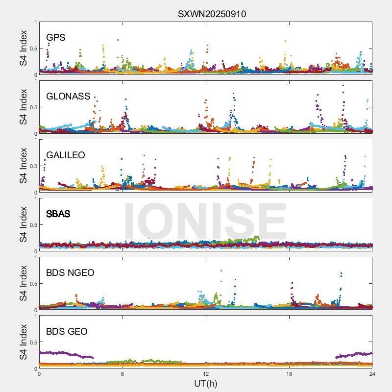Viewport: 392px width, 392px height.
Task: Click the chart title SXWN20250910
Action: (212, 14)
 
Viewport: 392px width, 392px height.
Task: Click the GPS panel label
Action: (56, 37)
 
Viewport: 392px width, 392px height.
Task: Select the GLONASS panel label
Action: (68, 96)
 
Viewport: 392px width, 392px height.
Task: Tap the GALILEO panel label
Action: (66, 155)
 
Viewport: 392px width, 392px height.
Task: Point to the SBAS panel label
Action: (58, 214)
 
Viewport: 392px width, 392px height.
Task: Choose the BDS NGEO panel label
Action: (70, 272)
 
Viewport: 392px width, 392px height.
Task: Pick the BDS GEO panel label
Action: (67, 331)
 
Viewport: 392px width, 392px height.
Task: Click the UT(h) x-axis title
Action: (206, 383)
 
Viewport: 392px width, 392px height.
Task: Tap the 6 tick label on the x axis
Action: (122, 374)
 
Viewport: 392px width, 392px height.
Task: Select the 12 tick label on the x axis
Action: (206, 374)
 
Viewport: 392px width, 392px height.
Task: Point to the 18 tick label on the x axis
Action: (289, 374)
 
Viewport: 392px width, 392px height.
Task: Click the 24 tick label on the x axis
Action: (372, 374)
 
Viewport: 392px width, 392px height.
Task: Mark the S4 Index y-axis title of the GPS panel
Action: (23, 48)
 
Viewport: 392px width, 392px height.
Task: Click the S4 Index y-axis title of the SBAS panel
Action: (23, 224)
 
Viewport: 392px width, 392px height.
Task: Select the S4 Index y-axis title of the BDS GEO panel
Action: (23, 342)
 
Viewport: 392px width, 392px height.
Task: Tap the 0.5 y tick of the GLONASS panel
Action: (32, 107)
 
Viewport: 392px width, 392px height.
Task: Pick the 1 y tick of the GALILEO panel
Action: (35, 140)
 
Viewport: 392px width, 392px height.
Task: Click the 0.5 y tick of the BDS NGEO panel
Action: (32, 284)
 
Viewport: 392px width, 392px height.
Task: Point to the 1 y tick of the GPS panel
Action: (35, 23)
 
